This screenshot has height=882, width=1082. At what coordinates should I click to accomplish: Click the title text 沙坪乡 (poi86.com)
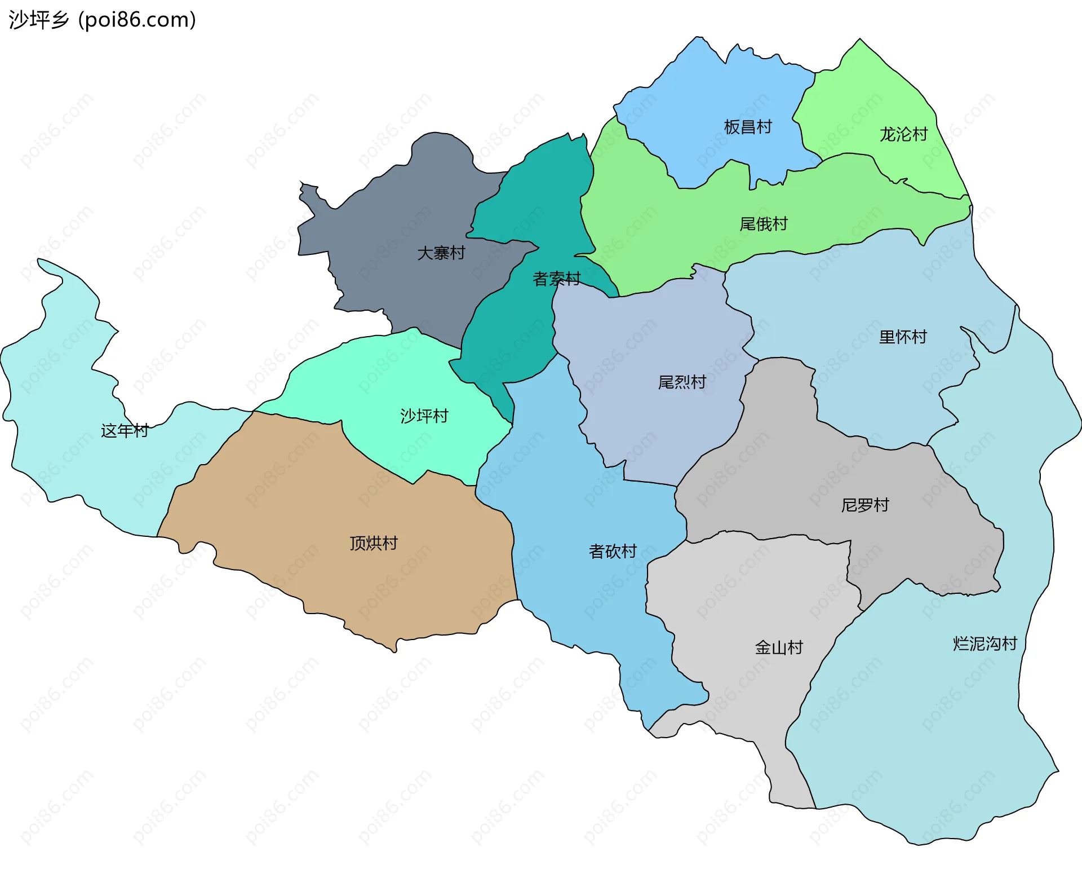[102, 20]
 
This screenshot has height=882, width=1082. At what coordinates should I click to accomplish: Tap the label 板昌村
[747, 127]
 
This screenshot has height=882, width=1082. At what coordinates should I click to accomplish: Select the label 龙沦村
[903, 134]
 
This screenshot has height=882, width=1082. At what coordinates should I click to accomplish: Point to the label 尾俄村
[763, 224]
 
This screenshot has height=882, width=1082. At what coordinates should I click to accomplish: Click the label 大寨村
[441, 253]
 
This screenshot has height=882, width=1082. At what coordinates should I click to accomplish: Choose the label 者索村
[556, 279]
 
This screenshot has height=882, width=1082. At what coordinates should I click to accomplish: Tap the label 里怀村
[903, 337]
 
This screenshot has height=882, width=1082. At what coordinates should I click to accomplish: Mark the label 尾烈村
[682, 382]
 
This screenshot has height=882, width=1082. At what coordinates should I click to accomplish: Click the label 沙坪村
[424, 416]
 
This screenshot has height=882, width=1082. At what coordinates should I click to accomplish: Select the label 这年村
[124, 431]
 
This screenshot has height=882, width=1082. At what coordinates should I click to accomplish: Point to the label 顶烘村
[373, 543]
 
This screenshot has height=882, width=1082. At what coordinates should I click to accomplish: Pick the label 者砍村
[613, 551]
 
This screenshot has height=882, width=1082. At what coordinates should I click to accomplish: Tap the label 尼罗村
[864, 505]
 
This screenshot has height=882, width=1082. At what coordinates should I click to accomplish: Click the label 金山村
[779, 647]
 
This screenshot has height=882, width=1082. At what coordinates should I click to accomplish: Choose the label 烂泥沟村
[985, 643]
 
